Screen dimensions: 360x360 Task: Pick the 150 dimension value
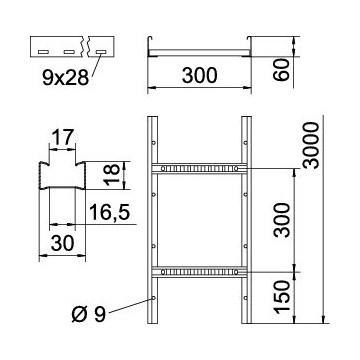tap(282, 298)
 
